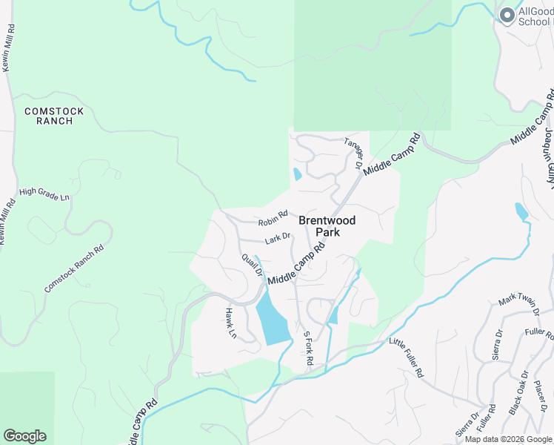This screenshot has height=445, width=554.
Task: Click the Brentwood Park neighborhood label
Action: coord(327,226)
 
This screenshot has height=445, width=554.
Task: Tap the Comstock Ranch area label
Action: coord(54,116)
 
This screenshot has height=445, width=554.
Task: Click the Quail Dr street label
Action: coord(252,265)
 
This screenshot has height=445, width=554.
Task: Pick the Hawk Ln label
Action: coord(230,324)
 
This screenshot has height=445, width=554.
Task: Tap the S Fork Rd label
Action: coord(310,348)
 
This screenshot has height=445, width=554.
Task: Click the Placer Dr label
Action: coord(541,395)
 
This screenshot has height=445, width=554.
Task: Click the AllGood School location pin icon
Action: coord(507,16)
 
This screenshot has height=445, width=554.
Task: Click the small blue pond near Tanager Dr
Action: coord(298,174)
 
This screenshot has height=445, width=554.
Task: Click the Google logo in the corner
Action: coord(24,436)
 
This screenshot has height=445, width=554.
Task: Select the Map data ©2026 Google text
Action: coord(508,439)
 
